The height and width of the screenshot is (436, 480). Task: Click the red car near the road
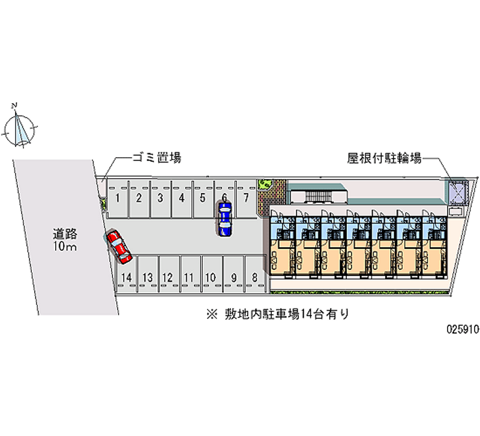[119, 247]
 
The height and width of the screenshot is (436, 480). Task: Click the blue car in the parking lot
[225, 219]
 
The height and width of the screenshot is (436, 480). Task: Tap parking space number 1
[118, 199]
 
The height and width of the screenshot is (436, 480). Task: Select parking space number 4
[182, 199]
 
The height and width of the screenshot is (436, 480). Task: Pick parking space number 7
[246, 199]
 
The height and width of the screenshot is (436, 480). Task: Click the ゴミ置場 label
[157, 158]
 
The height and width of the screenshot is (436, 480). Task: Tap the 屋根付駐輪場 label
[385, 158]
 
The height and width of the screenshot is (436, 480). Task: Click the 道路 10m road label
[65, 240]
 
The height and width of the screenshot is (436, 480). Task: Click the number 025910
[463, 329]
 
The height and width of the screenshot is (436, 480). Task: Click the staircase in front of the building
[319, 196]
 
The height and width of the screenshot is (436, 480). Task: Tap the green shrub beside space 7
[265, 184]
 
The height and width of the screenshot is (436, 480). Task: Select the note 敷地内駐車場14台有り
[278, 314]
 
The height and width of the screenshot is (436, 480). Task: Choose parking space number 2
[139, 199]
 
